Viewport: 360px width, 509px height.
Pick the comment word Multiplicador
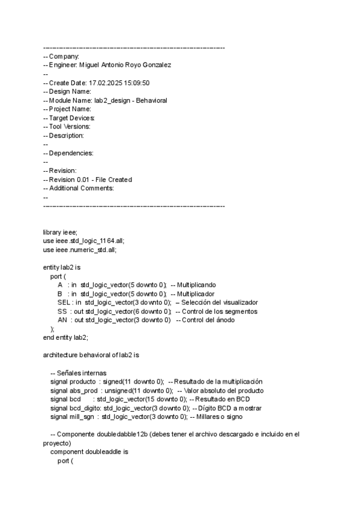(x=196, y=294)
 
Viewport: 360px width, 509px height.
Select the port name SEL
(x=64, y=303)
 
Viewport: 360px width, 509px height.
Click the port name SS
(x=62, y=312)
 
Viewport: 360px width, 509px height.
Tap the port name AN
(x=62, y=321)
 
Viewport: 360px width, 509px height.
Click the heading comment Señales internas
(x=84, y=373)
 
